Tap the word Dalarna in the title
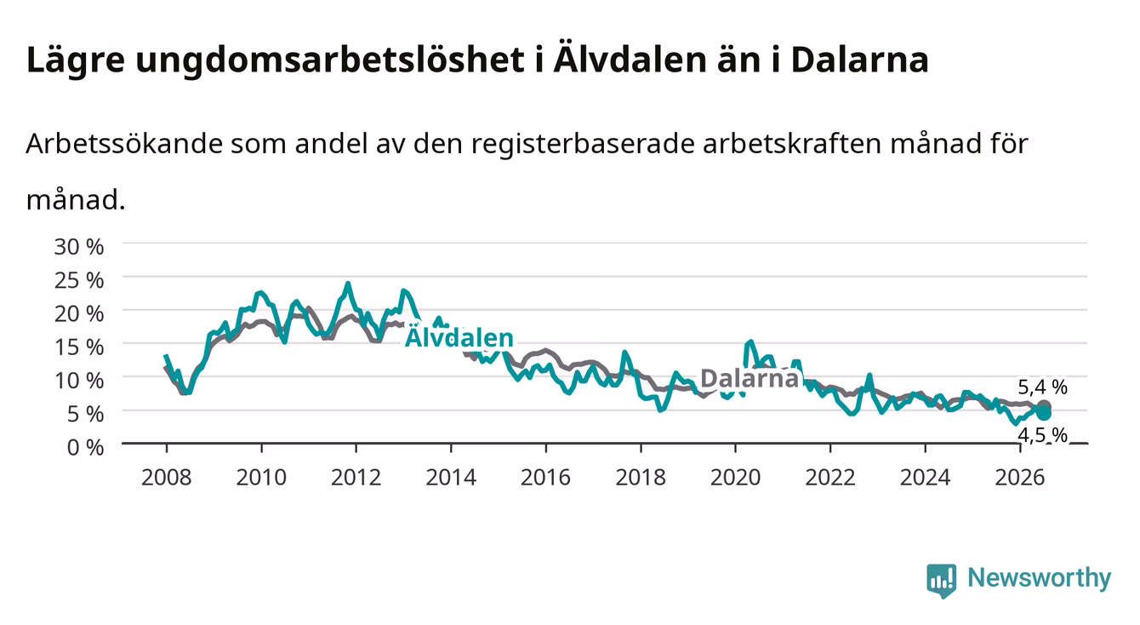[859, 60]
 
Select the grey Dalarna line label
[750, 378]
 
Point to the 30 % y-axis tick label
[79, 247]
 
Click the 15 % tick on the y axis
[79, 347]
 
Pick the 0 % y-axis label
[85, 447]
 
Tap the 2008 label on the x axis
[167, 478]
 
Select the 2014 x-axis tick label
[451, 478]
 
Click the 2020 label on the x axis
[735, 478]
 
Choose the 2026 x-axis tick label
[1020, 478]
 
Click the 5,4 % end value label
[1042, 387]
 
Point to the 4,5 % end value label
[1042, 435]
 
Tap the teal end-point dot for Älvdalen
[1044, 413]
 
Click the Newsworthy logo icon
[942, 581]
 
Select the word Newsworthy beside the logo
[1040, 578]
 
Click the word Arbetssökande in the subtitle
[124, 144]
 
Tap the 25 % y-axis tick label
[79, 280]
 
